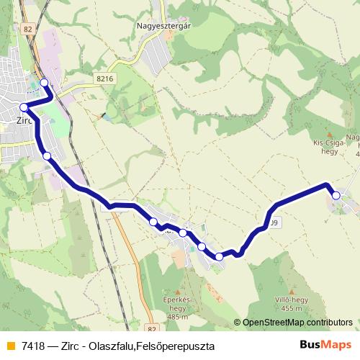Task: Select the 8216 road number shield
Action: [105, 78]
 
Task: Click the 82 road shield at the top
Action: [28, 29]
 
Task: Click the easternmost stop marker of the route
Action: [336, 194]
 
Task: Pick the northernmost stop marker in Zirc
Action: [45, 83]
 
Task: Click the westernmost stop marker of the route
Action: [24, 107]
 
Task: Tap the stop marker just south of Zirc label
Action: [47, 156]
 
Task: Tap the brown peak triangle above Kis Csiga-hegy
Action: [330, 134]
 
